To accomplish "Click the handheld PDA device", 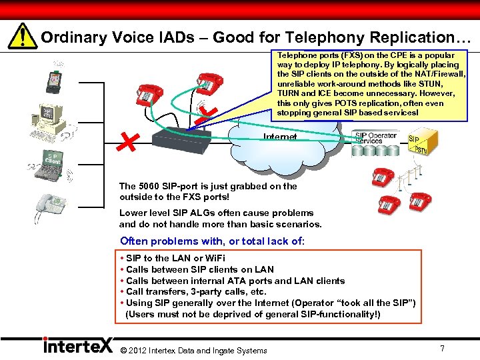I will tap(53, 80).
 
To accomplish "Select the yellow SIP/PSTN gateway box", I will tap(422, 143).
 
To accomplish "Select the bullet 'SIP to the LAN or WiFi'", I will tap(176, 258).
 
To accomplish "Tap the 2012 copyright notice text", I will tap(193, 350).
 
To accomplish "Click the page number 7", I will tap(442, 348).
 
